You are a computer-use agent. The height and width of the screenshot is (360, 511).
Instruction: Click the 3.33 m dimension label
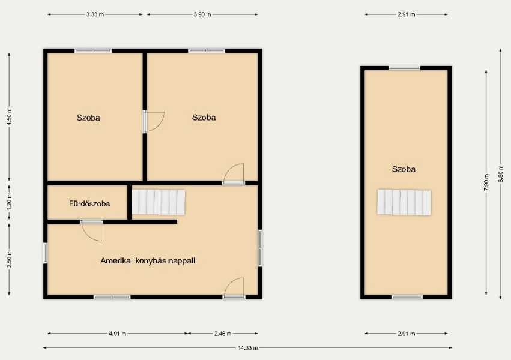(x=95, y=14)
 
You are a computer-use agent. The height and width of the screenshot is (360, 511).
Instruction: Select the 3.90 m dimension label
(x=202, y=14)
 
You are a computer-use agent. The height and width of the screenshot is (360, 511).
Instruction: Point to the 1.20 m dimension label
(x=10, y=202)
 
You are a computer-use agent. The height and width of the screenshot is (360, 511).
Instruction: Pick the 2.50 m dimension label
(x=10, y=259)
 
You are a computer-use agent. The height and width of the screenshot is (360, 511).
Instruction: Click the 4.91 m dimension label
(x=117, y=334)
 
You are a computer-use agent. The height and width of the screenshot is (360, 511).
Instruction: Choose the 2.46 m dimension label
(x=223, y=334)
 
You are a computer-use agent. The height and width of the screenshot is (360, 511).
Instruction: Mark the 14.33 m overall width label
(x=247, y=348)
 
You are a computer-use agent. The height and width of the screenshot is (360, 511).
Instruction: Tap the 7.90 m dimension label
(x=486, y=182)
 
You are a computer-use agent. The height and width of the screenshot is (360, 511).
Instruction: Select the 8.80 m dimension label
(x=501, y=173)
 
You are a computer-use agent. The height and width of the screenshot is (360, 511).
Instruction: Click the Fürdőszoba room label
(x=89, y=204)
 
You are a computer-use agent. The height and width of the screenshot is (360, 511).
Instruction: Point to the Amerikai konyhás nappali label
(x=148, y=261)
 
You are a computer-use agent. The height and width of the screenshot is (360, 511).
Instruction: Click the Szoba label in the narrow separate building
(x=404, y=169)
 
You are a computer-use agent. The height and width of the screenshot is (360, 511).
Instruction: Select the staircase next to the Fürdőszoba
(x=159, y=202)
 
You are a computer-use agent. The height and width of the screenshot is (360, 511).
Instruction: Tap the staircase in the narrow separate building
(x=404, y=202)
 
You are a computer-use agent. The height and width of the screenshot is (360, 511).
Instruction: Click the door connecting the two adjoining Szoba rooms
(x=153, y=122)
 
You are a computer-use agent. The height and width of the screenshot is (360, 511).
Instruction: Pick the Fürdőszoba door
(x=92, y=230)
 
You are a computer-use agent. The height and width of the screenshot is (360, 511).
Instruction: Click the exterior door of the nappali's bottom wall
(x=234, y=288)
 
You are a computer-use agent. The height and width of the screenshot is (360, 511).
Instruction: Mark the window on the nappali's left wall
(x=46, y=253)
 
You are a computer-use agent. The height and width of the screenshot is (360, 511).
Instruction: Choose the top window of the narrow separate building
(x=405, y=68)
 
